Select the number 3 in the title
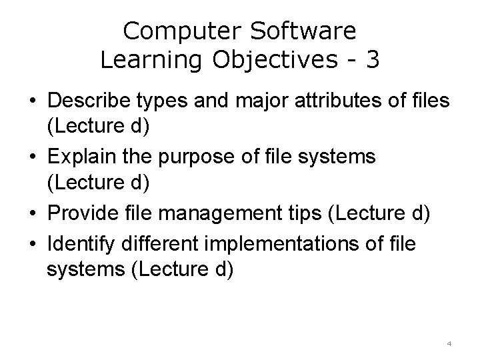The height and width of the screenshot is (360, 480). [373, 59]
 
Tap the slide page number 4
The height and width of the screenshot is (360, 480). [449, 343]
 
